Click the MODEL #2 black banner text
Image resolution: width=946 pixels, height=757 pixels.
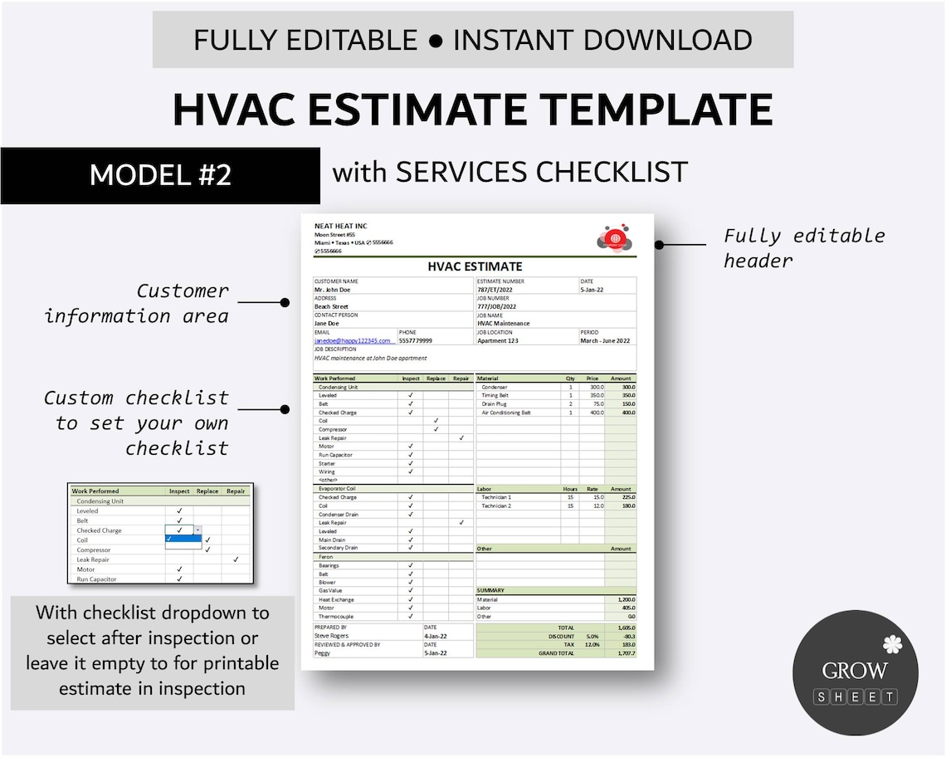[160, 175]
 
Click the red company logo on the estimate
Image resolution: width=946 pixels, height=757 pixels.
[615, 238]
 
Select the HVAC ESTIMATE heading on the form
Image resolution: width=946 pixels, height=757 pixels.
[475, 266]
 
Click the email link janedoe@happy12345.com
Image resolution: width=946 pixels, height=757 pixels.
[353, 340]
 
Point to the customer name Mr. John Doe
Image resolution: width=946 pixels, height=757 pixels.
[333, 290]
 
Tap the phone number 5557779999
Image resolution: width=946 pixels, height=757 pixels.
[416, 340]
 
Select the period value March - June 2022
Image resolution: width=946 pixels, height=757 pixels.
[605, 340]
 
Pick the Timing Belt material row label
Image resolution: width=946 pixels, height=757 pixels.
[496, 395]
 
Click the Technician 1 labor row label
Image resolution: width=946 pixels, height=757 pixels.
[496, 497]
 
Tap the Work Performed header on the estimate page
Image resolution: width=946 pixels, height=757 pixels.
[334, 378]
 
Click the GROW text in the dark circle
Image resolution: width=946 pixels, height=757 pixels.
[855, 670]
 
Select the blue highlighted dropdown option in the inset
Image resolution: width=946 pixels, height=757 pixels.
[183, 539]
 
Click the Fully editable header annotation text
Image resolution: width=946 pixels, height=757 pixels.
[804, 247]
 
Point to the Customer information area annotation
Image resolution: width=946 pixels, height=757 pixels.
[136, 303]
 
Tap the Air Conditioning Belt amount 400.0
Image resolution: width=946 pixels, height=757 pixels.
[627, 413]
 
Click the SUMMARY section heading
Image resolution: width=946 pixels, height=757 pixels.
[490, 590]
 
